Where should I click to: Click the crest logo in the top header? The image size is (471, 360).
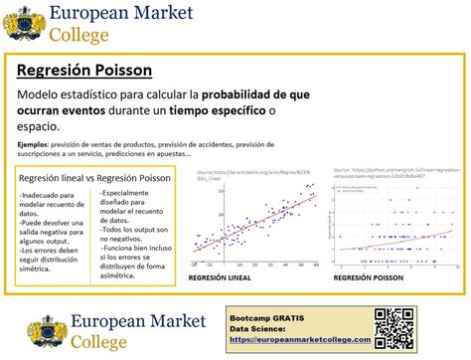[24, 23]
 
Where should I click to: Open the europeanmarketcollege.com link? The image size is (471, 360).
[300, 339]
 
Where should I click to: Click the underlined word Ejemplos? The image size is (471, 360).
[33, 144]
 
